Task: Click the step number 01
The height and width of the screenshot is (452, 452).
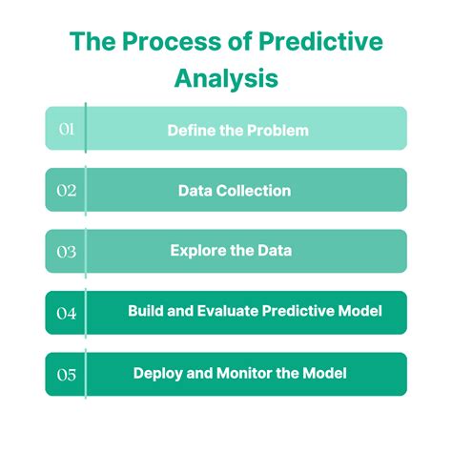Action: click(66, 129)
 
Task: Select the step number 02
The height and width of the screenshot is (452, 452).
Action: click(66, 190)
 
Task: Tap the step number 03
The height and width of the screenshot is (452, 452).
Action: click(66, 252)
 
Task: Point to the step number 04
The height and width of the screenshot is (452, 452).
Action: click(66, 313)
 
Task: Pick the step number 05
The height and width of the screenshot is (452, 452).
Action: click(66, 375)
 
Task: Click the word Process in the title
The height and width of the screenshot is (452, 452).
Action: click(160, 43)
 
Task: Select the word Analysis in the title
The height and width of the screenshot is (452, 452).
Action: click(226, 77)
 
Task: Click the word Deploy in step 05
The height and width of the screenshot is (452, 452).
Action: click(156, 374)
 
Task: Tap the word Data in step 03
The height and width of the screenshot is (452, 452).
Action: click(273, 251)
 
